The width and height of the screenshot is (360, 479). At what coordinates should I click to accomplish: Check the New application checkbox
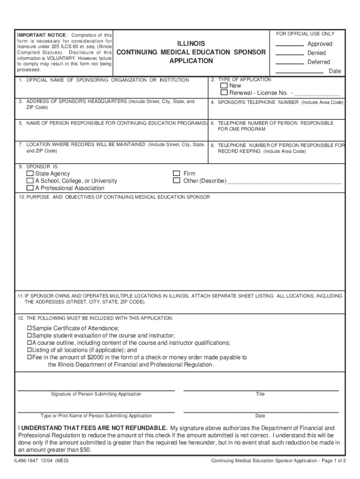pyautogui.click(x=224, y=86)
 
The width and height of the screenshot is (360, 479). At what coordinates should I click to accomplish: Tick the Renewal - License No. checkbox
pyautogui.click(x=224, y=93)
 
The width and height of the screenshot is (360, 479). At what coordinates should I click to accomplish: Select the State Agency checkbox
pyautogui.click(x=30, y=174)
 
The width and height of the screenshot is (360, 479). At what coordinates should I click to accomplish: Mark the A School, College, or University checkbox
pyautogui.click(x=30, y=181)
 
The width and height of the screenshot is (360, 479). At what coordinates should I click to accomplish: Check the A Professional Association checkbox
pyautogui.click(x=30, y=188)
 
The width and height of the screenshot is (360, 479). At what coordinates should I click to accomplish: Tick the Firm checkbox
pyautogui.click(x=177, y=174)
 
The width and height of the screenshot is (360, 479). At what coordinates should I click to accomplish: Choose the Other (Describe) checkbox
pyautogui.click(x=177, y=181)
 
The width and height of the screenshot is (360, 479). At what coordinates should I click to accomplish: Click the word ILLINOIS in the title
pyautogui.click(x=191, y=44)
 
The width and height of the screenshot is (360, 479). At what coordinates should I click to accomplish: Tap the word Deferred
pyautogui.click(x=318, y=62)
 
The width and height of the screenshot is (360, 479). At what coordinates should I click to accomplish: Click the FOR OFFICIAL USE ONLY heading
pyautogui.click(x=305, y=34)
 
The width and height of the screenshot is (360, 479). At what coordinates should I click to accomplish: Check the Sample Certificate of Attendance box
pyautogui.click(x=29, y=328)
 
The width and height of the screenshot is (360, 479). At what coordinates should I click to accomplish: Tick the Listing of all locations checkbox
pyautogui.click(x=29, y=350)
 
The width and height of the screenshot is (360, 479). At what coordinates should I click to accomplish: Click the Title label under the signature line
pyautogui.click(x=260, y=394)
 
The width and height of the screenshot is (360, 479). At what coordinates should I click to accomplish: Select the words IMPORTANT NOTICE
pyautogui.click(x=42, y=36)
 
